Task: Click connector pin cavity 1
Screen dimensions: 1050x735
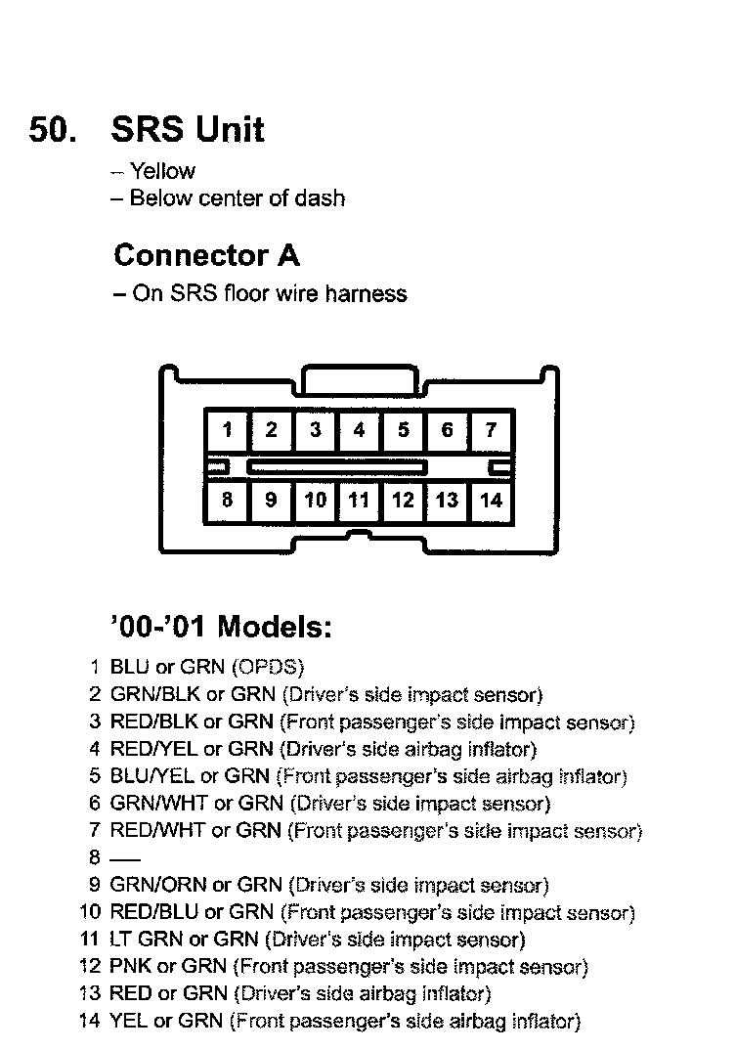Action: [x=227, y=430]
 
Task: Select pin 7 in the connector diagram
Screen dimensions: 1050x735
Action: [x=491, y=430]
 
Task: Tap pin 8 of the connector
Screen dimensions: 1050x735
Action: [x=227, y=501]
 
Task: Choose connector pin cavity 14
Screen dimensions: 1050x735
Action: [x=491, y=501]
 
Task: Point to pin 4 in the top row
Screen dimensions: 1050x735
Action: [x=359, y=430]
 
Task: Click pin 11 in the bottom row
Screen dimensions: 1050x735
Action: [x=359, y=501]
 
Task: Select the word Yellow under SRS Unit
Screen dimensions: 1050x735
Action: [x=162, y=171]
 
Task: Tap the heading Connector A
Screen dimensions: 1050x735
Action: [x=206, y=255]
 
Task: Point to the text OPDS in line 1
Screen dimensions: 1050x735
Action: [x=267, y=668]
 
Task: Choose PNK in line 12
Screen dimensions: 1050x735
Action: [x=130, y=968]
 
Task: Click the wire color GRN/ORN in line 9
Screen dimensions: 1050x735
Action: [x=157, y=886]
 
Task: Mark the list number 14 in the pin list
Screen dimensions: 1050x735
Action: [x=90, y=1023]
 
